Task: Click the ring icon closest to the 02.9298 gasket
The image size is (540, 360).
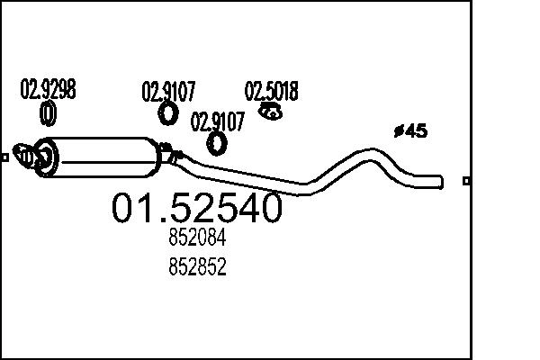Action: coord(168,112)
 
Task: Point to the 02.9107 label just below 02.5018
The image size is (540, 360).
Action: coord(217,121)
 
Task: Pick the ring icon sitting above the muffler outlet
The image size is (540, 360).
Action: coord(217,143)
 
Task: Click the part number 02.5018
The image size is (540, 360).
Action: coord(272,91)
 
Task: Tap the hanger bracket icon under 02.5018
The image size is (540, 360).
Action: coord(270,112)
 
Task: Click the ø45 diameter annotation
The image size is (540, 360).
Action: coord(410,131)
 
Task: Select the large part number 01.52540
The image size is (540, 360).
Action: coord(196,209)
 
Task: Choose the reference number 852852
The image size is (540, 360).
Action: coord(196,267)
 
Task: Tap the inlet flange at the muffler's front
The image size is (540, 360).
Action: coord(34,156)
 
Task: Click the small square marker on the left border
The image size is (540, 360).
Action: coord(4,157)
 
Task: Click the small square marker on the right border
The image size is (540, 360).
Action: coord(465,181)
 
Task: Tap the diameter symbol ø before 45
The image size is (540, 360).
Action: coord(398,132)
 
